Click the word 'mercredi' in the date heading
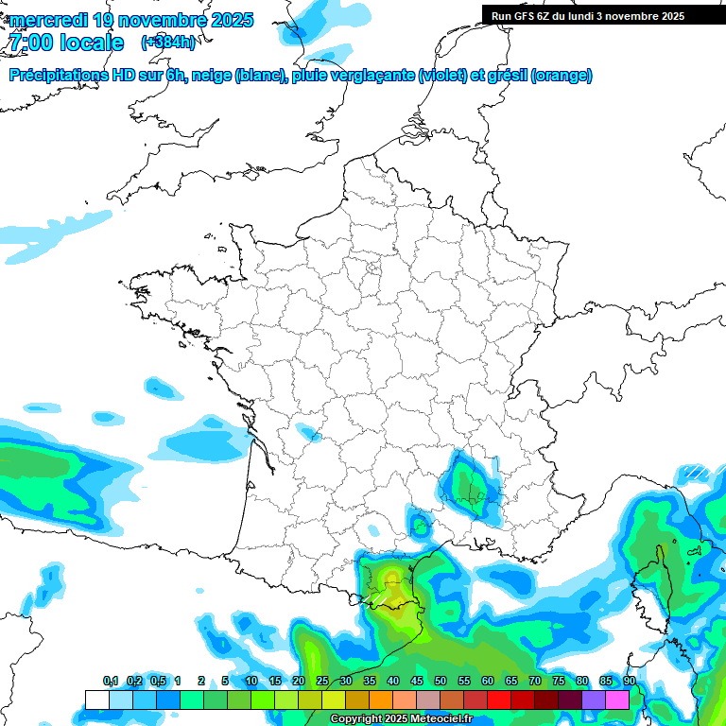tap(47, 20)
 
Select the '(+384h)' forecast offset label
tap(168, 43)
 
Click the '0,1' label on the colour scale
tap(110, 682)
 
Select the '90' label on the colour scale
tap(629, 682)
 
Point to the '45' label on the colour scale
tap(417, 682)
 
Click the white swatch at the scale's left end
tap(96, 700)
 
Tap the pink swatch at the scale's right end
tap(617, 700)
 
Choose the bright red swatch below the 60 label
tap(499, 700)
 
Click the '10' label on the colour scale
tap(251, 682)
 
